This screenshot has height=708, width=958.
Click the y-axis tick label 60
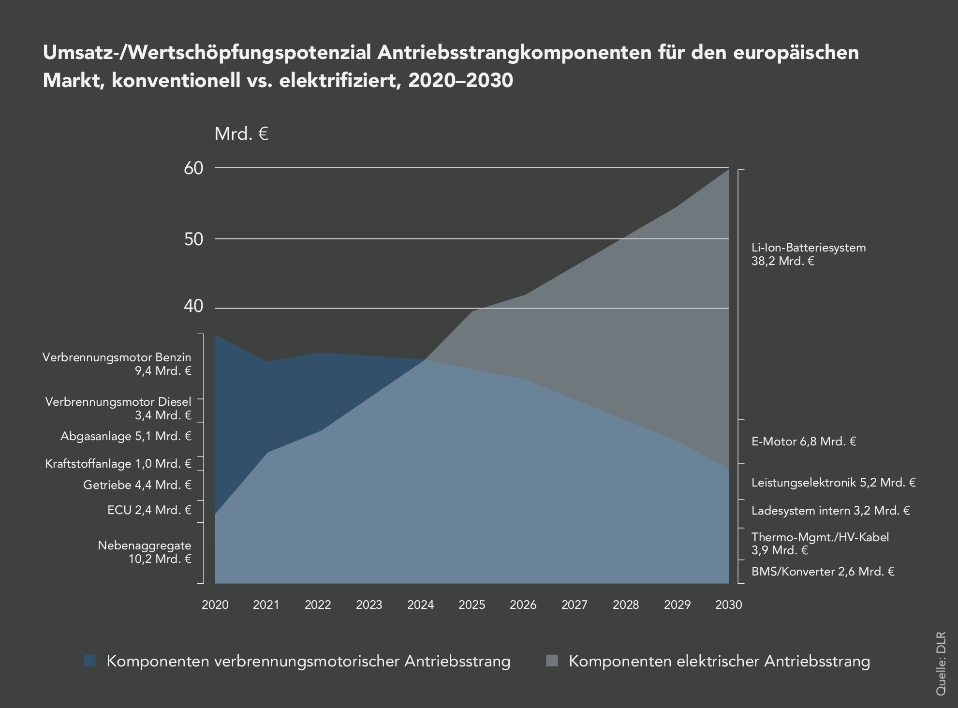(193, 168)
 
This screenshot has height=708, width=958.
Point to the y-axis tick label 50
(193, 239)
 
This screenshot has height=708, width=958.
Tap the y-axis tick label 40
(193, 306)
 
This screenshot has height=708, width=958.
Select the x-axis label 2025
(472, 605)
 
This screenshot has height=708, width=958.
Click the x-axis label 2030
(728, 605)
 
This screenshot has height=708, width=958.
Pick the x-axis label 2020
(215, 605)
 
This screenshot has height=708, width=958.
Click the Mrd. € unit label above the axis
(241, 134)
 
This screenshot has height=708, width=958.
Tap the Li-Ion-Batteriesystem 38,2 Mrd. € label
(808, 254)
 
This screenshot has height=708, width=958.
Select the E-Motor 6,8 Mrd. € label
(804, 442)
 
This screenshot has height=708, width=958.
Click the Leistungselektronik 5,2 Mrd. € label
(833, 483)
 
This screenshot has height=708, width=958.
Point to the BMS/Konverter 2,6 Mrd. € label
(823, 572)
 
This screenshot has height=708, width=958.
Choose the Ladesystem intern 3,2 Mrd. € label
(830, 511)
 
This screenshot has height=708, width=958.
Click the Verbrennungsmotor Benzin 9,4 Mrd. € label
(117, 364)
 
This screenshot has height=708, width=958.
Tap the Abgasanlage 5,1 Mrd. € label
(126, 436)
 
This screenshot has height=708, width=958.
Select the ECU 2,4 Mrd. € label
(149, 510)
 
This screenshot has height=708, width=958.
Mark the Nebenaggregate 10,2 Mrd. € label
(145, 552)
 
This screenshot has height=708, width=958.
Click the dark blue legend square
(90, 661)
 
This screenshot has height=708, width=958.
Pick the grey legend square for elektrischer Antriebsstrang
(552, 661)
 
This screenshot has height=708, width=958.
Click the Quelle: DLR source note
(941, 670)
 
